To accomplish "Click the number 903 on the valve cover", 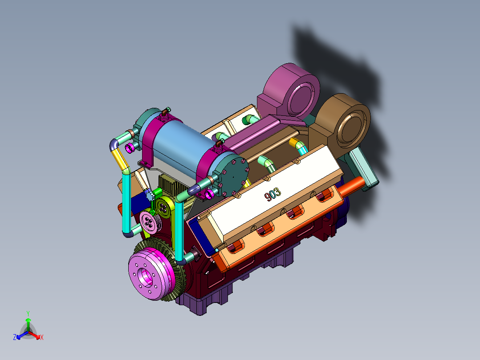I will (272, 194).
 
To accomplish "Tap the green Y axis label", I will (28, 313).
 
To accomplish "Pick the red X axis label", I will (42, 338).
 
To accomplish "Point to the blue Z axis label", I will (15, 338).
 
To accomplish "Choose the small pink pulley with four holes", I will (149, 221).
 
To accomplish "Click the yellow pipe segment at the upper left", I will (119, 159).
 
